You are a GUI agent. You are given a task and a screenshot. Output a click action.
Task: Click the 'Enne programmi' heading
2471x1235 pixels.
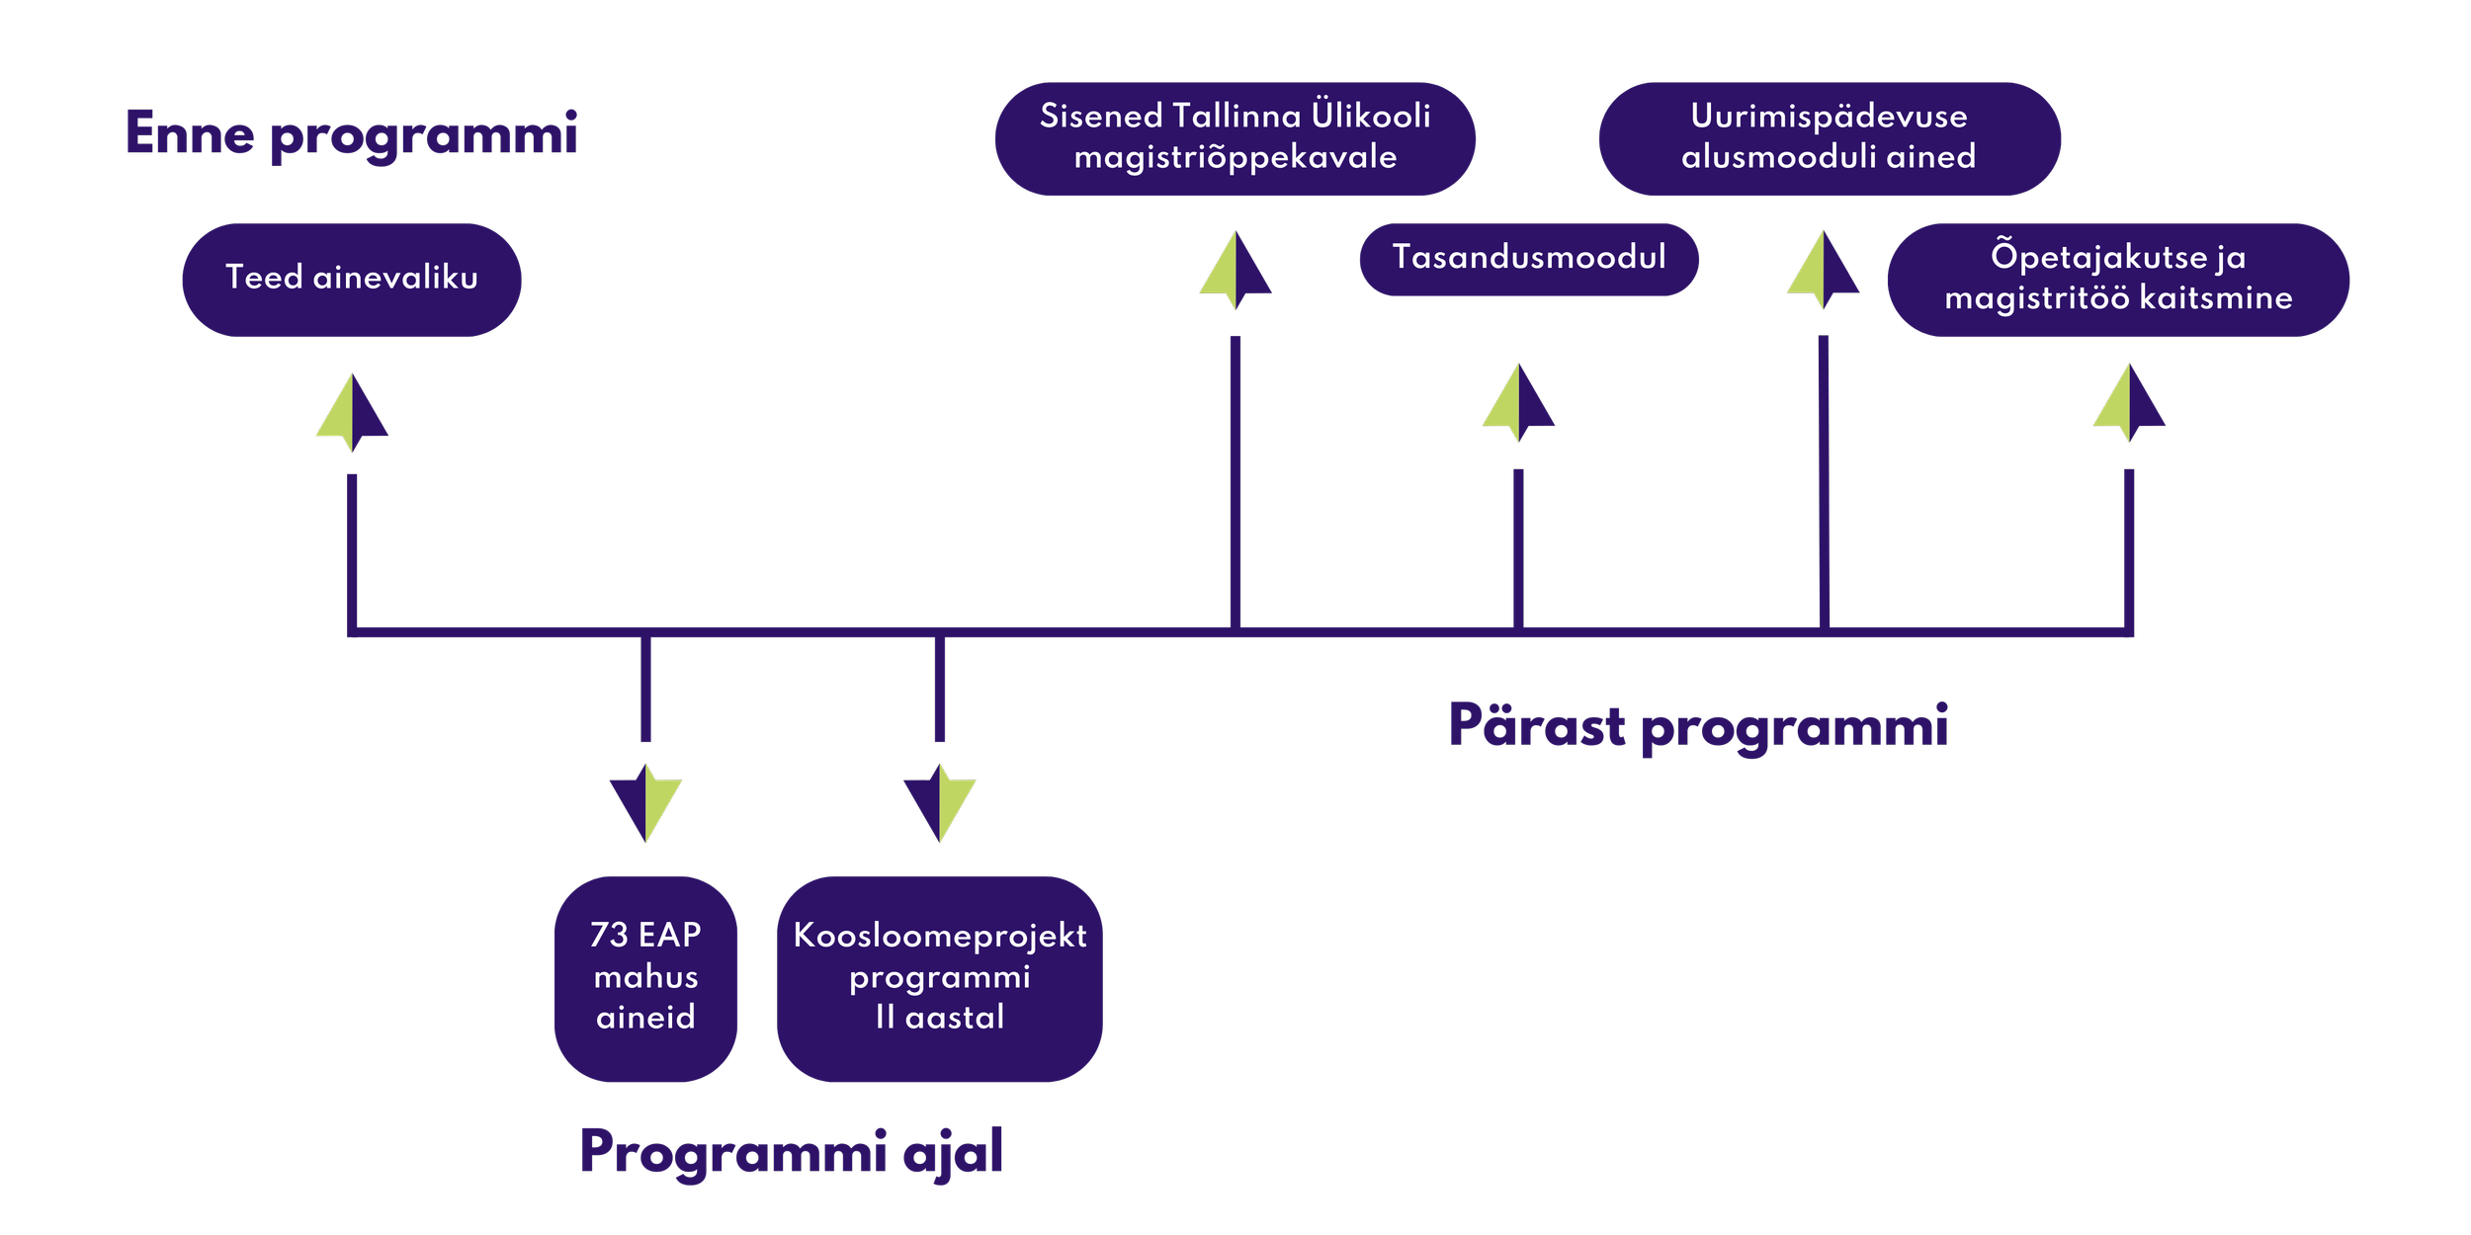coord(351,133)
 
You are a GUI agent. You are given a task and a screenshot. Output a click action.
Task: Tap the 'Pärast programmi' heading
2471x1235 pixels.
coord(1697,726)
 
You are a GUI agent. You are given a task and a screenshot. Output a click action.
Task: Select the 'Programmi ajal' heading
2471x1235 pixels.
coord(791,1151)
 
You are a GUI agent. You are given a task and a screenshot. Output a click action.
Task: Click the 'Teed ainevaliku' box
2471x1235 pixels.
coord(352,280)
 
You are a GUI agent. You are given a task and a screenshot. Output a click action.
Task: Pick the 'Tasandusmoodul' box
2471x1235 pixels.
coord(1528,259)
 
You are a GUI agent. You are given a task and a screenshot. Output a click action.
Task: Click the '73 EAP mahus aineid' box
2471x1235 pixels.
coord(645,978)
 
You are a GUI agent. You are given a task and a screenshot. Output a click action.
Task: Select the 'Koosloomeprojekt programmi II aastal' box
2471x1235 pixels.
coord(939,978)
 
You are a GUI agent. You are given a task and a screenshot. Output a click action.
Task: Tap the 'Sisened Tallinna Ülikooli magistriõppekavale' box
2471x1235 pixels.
coord(1235,138)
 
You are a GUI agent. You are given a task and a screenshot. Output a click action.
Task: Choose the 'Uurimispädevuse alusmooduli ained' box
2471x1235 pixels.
coord(1829,138)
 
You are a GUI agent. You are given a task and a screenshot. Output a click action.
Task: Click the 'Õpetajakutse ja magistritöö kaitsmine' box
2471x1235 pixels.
coord(2117,280)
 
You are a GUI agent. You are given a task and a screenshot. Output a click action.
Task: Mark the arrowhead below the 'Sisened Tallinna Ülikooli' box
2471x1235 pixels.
coord(1235,270)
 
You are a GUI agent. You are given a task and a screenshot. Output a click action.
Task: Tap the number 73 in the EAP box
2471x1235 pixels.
coord(609,935)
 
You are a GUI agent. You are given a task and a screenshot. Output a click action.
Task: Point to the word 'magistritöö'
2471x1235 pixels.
coord(2036,298)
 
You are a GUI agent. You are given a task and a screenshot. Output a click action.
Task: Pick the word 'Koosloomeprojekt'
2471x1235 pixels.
coord(939,936)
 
